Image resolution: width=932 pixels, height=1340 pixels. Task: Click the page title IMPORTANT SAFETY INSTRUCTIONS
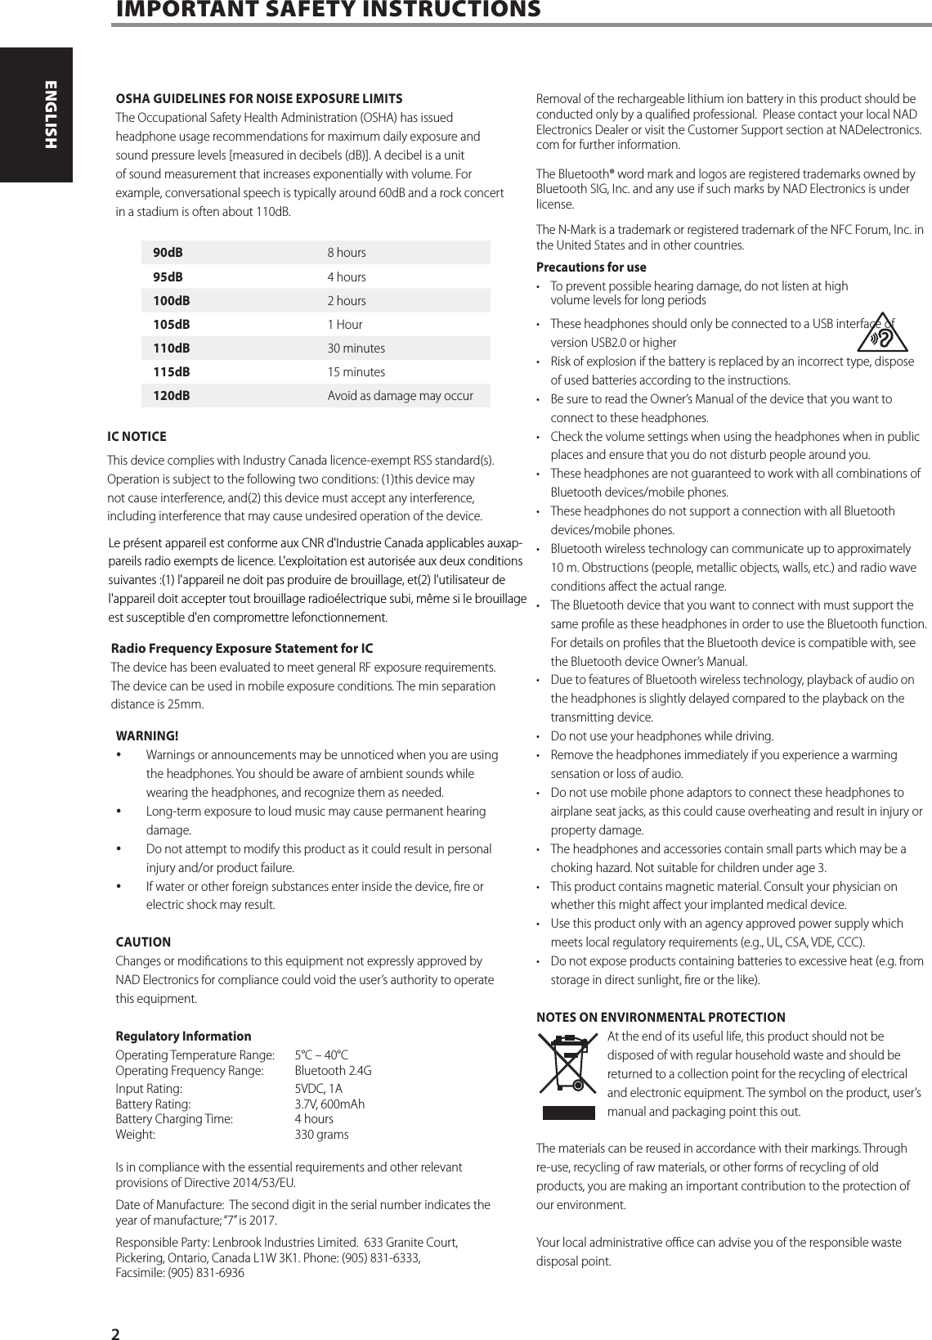pos(327,10)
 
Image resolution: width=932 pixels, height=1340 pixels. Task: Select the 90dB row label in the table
pos(168,253)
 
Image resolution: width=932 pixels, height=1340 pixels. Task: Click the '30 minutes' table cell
pos(356,348)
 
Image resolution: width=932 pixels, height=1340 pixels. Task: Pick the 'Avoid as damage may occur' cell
pos(400,396)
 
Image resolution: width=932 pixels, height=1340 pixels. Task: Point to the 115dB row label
pos(172,372)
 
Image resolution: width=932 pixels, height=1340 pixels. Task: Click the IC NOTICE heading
pos(137,437)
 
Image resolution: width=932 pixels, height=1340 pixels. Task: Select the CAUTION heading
pos(143,942)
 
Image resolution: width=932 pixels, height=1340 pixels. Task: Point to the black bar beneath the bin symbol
pos(569,1113)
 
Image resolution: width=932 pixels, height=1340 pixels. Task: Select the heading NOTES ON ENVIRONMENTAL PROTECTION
pos(661,1018)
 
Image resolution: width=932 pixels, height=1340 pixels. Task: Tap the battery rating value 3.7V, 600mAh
pos(329,1104)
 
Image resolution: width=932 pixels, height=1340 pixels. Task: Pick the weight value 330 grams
pos(321,1135)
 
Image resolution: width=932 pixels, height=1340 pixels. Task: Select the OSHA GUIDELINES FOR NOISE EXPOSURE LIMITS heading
pos(259,99)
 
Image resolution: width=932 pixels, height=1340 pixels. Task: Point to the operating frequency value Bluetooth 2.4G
pos(333,1071)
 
